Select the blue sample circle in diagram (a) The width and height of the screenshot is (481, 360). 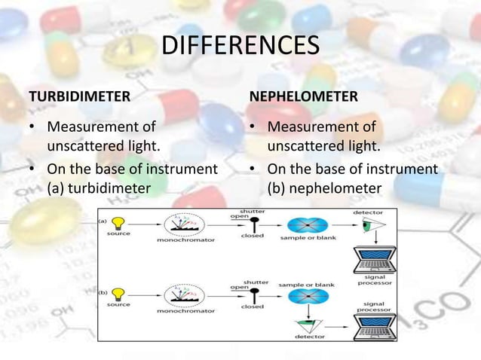point(305,224)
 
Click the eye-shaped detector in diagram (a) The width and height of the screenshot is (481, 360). point(369,224)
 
